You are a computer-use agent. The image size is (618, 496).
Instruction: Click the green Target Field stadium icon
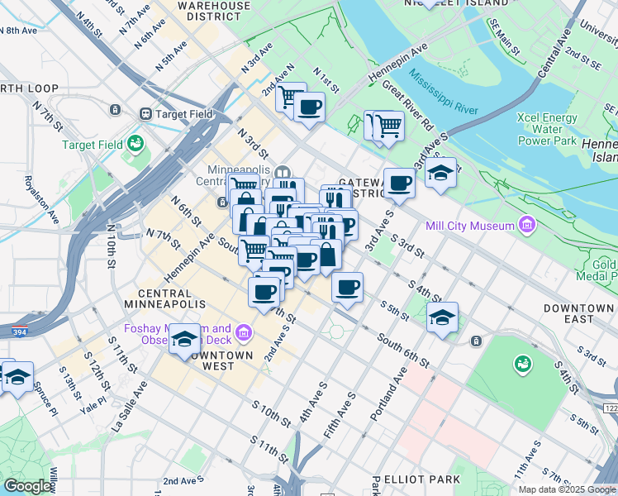coord(135,145)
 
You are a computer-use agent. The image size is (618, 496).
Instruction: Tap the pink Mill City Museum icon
coord(526,225)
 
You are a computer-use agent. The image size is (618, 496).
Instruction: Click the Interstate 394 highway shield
coord(18,331)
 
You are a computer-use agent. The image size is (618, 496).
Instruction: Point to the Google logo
coord(28,486)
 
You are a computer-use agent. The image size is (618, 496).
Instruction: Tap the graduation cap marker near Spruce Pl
coord(17,376)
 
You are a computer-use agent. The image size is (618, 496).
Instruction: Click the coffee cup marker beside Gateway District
coord(399,183)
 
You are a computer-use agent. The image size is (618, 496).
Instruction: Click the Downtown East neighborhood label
coord(578,313)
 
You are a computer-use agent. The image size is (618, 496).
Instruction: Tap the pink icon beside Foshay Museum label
coord(243,333)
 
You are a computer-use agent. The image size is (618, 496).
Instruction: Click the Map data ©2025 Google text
coord(566,489)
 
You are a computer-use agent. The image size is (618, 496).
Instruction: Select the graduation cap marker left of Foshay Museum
coord(185,338)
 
